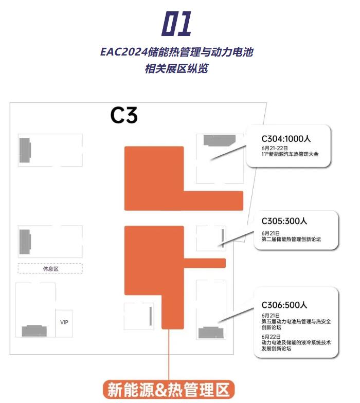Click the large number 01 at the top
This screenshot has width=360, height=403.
[x=177, y=25]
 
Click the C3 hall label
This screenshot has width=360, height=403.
[x=124, y=115]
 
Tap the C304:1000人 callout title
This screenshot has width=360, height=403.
[x=286, y=138]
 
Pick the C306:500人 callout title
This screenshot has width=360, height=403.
[x=284, y=304]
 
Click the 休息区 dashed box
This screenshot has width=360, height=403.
[x=50, y=268]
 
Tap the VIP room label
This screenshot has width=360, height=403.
[x=64, y=322]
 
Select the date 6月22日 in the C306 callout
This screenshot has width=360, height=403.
[x=271, y=336]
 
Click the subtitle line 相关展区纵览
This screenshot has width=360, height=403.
[x=177, y=68]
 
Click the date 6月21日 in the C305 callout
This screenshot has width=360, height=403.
[x=271, y=232]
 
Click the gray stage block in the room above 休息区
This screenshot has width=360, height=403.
[x=25, y=241]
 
